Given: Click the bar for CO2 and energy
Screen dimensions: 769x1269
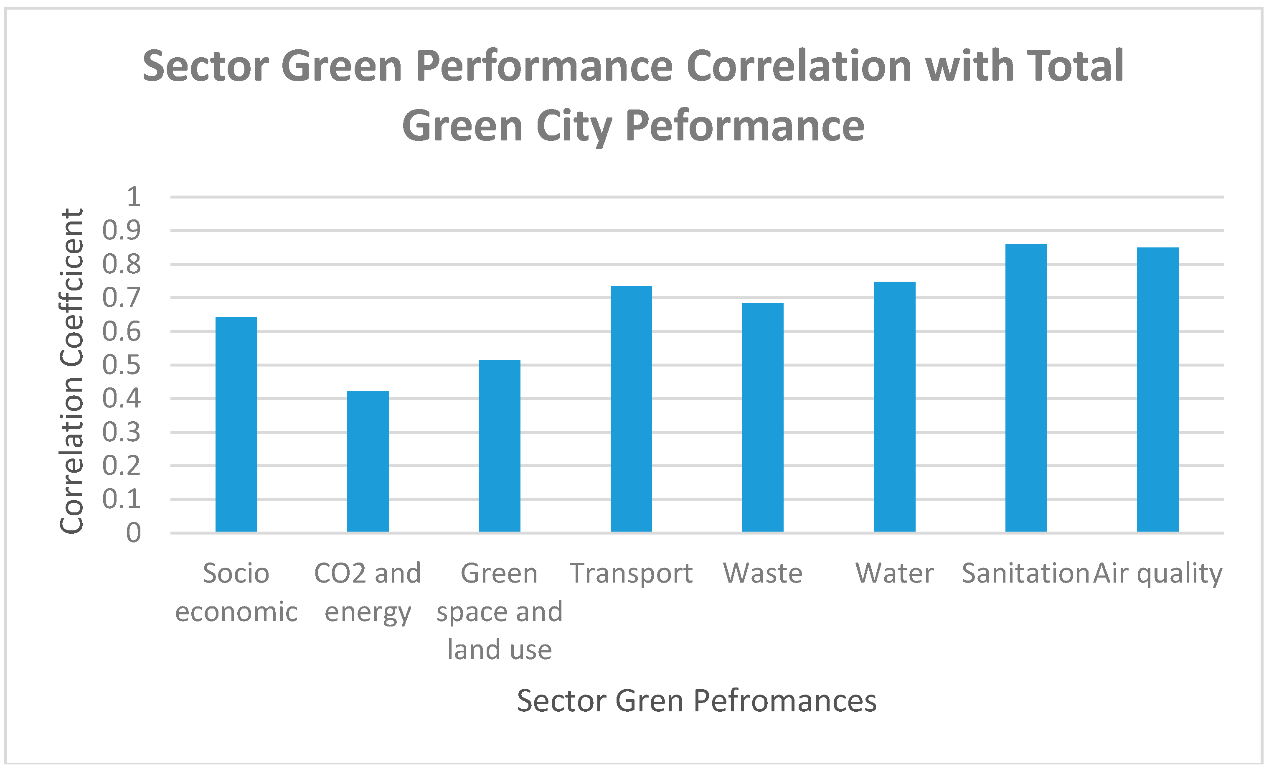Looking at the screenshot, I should coord(368,461).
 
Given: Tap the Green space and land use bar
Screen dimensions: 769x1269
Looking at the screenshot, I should coord(499,446).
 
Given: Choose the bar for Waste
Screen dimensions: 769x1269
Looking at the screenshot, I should coord(763,417).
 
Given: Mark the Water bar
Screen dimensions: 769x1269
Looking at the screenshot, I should coord(895,407).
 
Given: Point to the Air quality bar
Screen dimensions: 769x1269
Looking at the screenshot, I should coord(1158,389).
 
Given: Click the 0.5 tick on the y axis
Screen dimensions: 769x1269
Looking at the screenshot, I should coord(121,365).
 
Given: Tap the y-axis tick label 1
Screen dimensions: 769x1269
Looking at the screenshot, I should coord(133,196).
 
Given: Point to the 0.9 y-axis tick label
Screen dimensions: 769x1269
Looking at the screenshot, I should coord(121,230).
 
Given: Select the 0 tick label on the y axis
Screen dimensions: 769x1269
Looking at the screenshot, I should coord(133,532).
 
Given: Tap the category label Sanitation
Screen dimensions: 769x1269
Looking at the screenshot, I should coord(1025,573).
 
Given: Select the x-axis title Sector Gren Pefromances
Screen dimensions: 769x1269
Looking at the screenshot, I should coord(696,701).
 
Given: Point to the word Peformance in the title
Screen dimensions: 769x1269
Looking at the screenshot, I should coord(745,126).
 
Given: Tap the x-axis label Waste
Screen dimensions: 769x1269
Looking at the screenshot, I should coord(763,573).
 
